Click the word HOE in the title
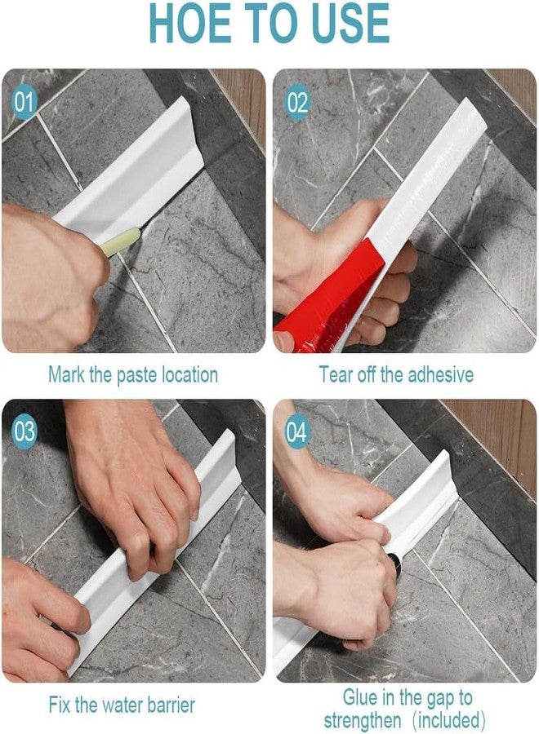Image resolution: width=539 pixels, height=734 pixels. click(189, 24)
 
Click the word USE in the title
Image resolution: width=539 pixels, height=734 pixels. click(350, 24)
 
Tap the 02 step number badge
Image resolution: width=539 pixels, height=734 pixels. click(297, 102)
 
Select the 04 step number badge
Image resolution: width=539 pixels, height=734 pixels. click(296, 431)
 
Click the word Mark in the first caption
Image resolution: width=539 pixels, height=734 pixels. click(66, 374)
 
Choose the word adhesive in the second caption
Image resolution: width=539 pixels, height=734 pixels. click(440, 374)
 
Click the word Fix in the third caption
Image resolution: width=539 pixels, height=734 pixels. click(60, 705)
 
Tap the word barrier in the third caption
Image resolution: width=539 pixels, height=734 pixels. click(171, 705)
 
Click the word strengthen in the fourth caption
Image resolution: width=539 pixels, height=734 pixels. click(363, 719)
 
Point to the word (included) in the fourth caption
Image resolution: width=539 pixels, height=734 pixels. click(449, 720)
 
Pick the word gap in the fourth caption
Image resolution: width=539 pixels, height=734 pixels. click(440, 698)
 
